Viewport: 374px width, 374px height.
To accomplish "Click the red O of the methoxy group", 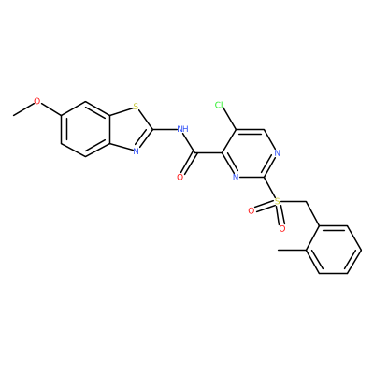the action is [37, 101].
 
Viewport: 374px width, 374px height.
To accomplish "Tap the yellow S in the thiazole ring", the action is [136, 107].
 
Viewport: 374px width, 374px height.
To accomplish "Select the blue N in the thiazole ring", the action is [136, 151].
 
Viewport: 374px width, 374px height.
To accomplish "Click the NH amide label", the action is [182, 128].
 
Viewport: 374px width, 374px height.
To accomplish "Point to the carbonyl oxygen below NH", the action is [180, 178].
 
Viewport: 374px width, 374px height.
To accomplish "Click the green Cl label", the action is [219, 105].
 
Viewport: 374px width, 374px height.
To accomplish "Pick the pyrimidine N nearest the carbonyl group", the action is [236, 178].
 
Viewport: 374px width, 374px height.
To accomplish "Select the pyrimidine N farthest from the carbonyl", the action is [278, 153].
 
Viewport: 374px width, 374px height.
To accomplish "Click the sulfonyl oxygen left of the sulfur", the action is [252, 211].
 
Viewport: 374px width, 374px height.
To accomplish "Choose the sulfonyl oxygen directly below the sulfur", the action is [282, 229].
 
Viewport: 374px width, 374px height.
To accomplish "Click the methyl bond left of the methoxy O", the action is [23, 109].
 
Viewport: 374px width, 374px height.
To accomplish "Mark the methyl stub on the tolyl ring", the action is [292, 250].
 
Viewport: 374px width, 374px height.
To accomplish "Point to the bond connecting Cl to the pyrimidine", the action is [230, 119].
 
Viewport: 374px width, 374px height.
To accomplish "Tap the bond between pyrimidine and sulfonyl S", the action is [269, 188].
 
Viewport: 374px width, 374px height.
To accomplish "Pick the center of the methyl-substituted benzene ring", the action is [333, 250].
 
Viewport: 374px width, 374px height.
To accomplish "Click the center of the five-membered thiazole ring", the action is [127, 129].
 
